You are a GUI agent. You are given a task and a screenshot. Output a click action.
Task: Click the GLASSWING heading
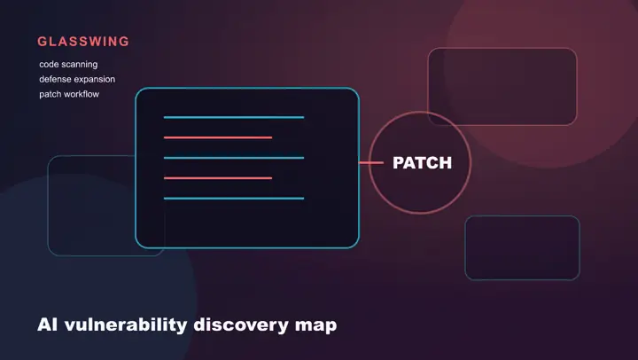[83, 42]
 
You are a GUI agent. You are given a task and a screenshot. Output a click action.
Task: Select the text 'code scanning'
[68, 65]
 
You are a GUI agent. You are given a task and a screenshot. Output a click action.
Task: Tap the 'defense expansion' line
[77, 80]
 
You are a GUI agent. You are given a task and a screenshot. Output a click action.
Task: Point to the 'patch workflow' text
[69, 94]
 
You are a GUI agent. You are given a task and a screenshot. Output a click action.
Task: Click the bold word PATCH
[422, 163]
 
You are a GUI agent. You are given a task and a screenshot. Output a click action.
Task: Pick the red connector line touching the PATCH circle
[371, 163]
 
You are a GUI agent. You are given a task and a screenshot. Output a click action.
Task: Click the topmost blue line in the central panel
[234, 117]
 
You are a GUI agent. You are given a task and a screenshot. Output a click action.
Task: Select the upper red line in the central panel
[218, 137]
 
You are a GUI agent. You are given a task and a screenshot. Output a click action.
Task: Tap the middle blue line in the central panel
[234, 158]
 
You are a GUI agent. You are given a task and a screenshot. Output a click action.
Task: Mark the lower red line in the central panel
[218, 178]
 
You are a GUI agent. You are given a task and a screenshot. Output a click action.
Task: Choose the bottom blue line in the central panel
[234, 199]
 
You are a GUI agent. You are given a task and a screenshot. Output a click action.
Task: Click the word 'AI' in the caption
[47, 325]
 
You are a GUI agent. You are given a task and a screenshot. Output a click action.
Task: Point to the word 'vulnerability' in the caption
[126, 325]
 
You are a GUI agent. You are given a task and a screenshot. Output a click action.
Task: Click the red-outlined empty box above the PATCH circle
[502, 49]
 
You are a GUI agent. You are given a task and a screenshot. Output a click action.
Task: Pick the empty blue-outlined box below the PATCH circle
[523, 216]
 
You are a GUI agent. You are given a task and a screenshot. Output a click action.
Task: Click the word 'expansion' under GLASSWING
[95, 80]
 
